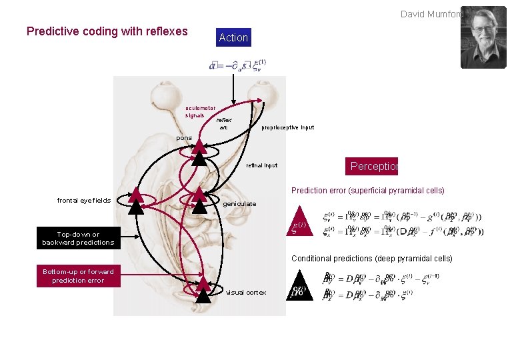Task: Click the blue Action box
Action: coord(233,38)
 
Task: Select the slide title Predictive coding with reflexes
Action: coord(107,31)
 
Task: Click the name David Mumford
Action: coord(430,13)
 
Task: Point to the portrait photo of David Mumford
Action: coord(483,37)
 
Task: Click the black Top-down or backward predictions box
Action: coord(78,238)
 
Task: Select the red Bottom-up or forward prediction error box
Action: coord(78,276)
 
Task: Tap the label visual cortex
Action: coord(246,293)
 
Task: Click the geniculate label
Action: coord(240,204)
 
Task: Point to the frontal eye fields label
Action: coord(84,200)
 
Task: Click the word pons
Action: coord(184,138)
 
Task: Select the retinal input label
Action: coord(261,165)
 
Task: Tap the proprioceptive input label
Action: coord(288,127)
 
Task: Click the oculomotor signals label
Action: coord(200,111)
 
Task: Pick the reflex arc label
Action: coord(223,124)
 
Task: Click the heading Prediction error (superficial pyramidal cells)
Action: coord(368,191)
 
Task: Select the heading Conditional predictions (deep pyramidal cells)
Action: coord(371,258)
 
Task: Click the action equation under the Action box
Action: coord(238,65)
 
